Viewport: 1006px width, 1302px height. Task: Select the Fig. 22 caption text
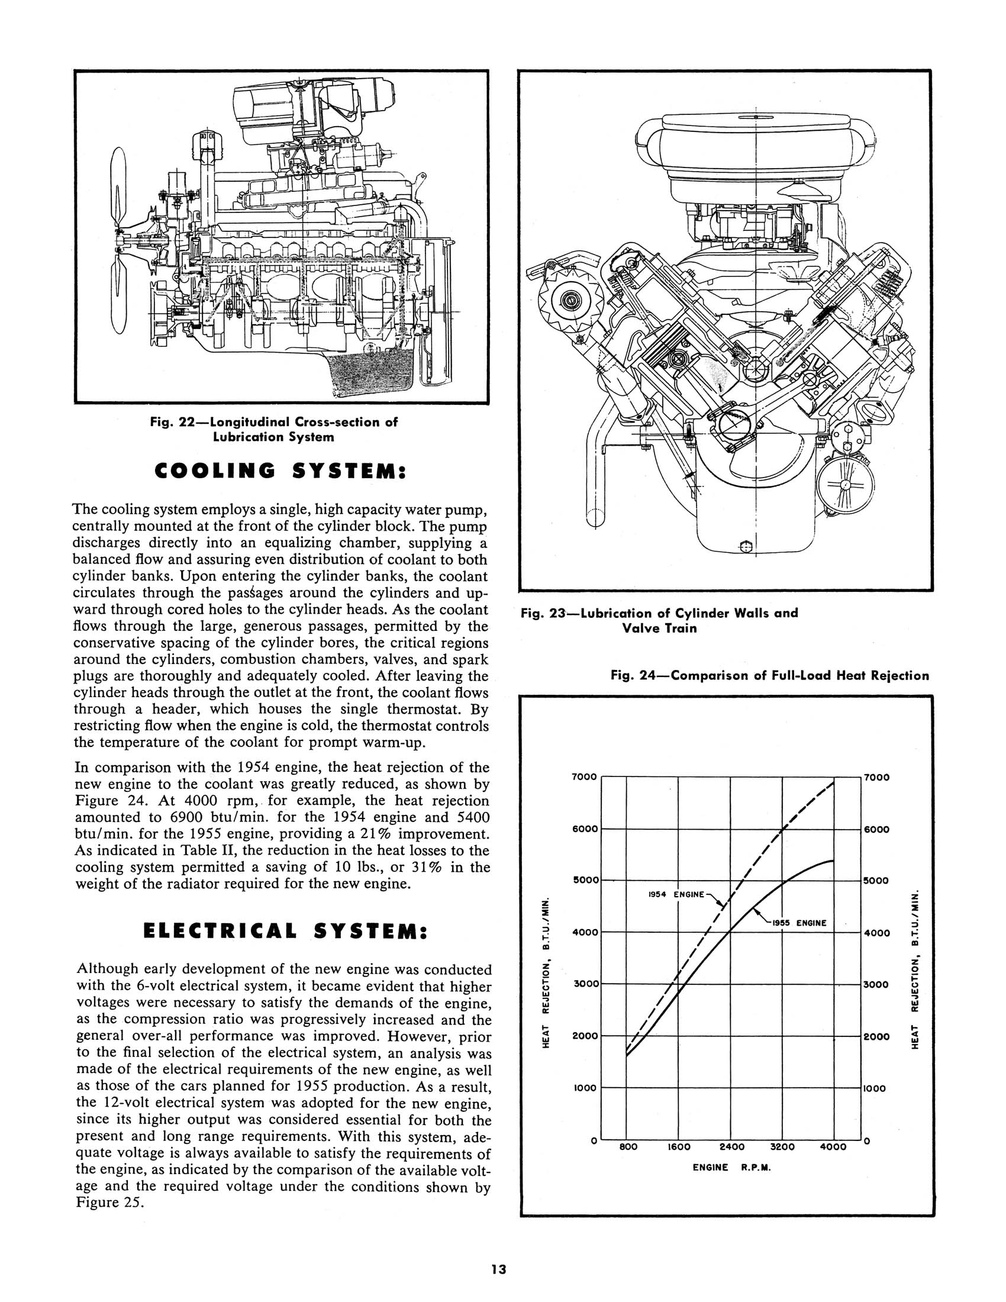pos(273,429)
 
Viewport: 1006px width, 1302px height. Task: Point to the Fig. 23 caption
pos(659,621)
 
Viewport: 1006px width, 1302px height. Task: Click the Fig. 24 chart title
pos(769,675)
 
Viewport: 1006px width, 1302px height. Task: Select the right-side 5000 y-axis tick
pos(876,881)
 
